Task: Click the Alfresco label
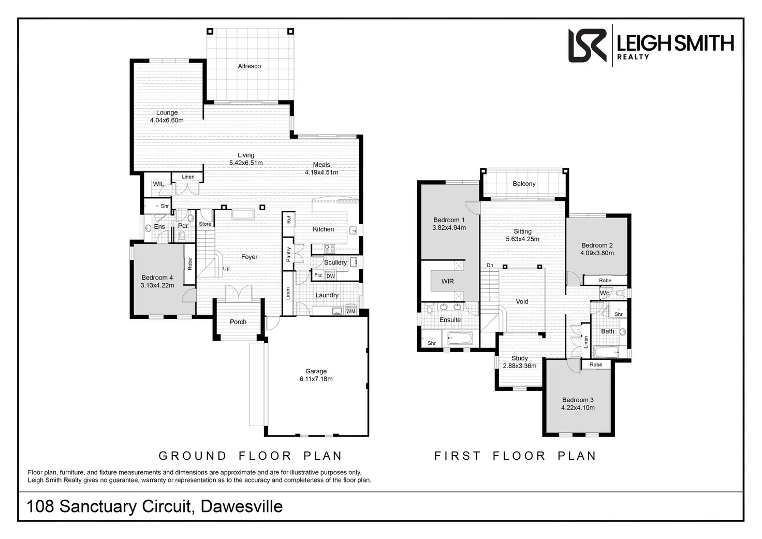[249, 66]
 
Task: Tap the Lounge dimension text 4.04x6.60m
[167, 121]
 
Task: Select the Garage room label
[316, 371]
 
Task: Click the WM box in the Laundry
[351, 311]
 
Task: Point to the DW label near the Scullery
[331, 276]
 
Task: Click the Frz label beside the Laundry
[318, 275]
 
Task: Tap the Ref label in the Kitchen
[289, 219]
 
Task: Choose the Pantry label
[289, 254]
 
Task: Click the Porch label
[238, 322]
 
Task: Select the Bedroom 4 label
[157, 278]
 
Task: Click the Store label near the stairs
[205, 224]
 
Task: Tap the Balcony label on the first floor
[524, 184]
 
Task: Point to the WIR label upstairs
[448, 282]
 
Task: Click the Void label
[522, 302]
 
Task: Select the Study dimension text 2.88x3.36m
[520, 366]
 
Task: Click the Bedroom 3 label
[578, 400]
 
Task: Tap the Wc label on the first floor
[605, 294]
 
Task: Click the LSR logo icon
[587, 46]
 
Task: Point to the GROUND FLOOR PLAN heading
[251, 456]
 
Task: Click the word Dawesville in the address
[242, 506]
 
